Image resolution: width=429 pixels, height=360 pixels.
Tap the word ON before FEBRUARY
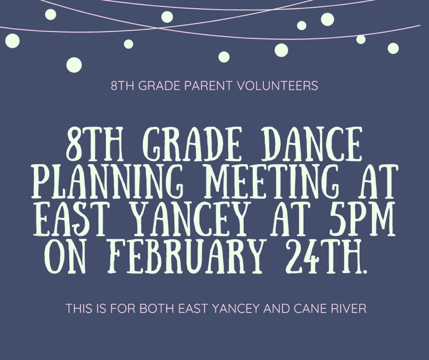click(71, 257)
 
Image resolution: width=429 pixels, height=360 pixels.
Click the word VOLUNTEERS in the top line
click(280, 87)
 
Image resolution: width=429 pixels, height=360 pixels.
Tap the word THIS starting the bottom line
click(79, 308)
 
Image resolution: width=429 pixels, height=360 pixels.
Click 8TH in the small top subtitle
click(121, 87)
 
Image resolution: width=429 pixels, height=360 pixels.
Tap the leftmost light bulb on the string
click(12, 41)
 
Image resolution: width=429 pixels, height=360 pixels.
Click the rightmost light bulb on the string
click(393, 48)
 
